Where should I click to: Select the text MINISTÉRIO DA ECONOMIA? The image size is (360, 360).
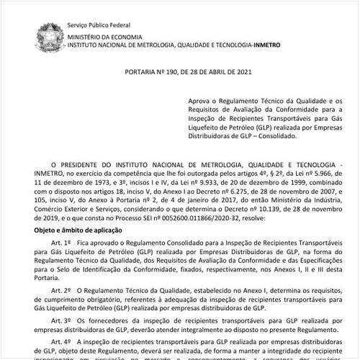[108, 35]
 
